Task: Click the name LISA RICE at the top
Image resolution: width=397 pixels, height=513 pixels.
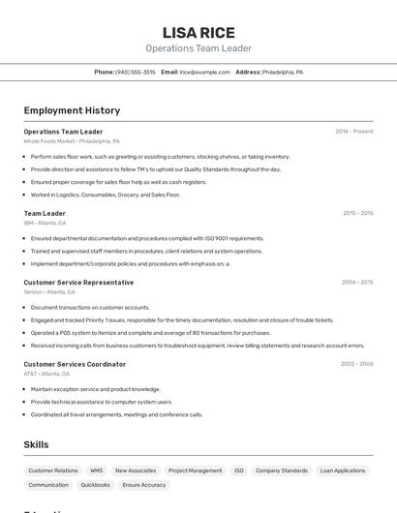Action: (198, 32)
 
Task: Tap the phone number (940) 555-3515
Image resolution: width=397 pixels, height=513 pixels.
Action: (136, 72)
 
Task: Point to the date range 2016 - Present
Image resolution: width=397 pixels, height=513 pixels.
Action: (354, 131)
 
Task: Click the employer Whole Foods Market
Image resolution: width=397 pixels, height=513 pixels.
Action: (49, 141)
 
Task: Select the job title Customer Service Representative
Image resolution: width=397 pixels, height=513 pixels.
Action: (78, 283)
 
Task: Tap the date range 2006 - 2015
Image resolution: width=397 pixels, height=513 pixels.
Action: (356, 283)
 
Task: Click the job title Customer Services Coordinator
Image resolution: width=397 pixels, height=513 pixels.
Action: (75, 364)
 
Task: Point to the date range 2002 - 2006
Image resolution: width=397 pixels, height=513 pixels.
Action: (356, 364)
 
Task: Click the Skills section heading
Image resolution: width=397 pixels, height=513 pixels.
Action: (37, 444)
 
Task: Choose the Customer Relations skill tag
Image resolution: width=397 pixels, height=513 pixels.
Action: (53, 470)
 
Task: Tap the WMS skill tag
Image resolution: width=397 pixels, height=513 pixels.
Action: (97, 470)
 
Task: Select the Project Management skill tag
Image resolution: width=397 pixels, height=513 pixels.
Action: (195, 470)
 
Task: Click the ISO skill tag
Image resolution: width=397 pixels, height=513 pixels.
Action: (239, 470)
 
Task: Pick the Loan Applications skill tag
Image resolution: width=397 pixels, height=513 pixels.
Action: (342, 470)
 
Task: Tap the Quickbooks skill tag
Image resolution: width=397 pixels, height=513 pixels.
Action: (95, 485)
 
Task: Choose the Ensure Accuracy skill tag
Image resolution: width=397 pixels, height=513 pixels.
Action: (144, 485)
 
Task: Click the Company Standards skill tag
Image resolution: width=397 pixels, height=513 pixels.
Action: (282, 470)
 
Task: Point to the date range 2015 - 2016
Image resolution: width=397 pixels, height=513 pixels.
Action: (357, 213)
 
